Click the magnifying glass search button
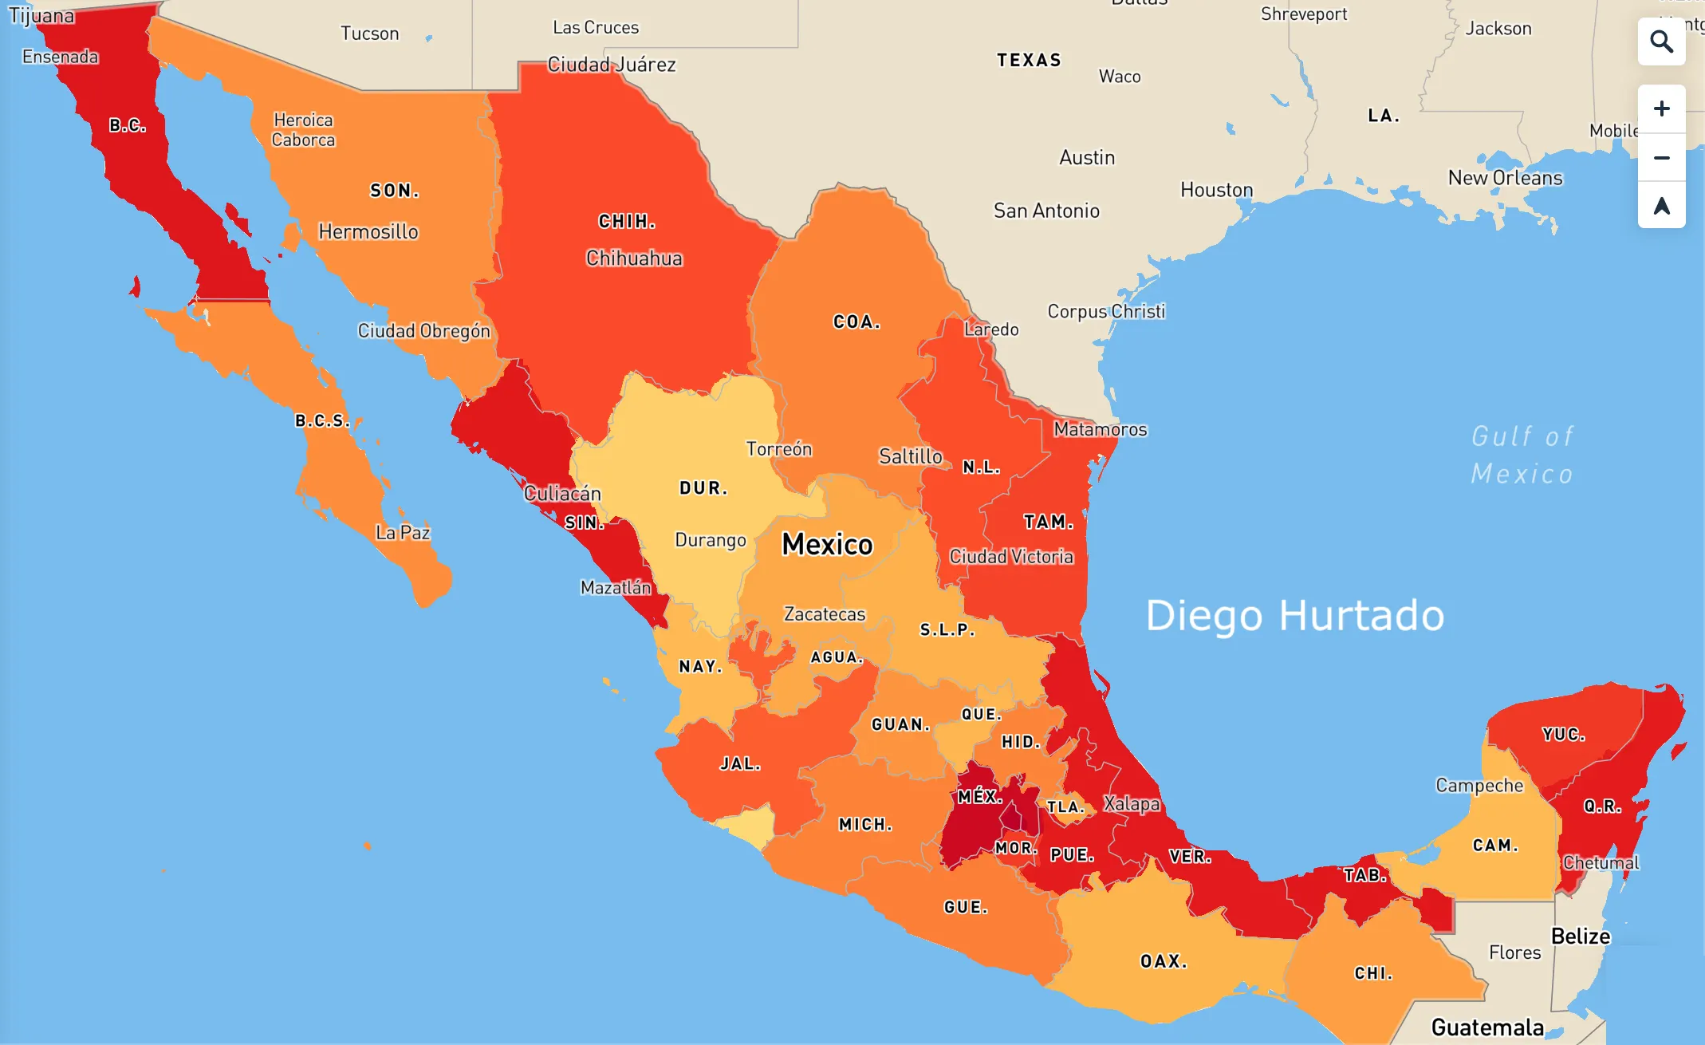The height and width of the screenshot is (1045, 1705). click(1661, 41)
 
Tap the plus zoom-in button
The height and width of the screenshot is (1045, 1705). click(1661, 108)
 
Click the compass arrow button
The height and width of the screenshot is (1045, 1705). click(1661, 206)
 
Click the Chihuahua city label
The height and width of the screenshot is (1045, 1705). click(634, 258)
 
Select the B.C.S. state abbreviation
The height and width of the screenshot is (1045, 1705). click(322, 420)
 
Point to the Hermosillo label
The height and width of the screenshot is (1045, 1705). click(368, 232)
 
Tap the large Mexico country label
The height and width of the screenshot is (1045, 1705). click(827, 544)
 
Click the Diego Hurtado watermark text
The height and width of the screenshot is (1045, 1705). click(1294, 616)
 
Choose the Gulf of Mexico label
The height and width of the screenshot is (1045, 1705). click(1522, 455)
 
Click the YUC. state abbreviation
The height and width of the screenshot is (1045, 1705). click(1563, 735)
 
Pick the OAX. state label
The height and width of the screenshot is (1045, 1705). click(1164, 961)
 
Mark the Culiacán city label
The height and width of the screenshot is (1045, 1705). click(562, 494)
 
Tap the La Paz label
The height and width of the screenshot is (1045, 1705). click(403, 533)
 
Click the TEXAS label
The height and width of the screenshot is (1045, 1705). click(1029, 61)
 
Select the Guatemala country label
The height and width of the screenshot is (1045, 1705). click(1487, 1027)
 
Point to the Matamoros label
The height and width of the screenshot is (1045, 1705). click(1100, 430)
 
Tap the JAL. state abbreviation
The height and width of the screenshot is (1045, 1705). click(740, 764)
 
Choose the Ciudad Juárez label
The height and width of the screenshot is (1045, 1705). click(612, 65)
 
